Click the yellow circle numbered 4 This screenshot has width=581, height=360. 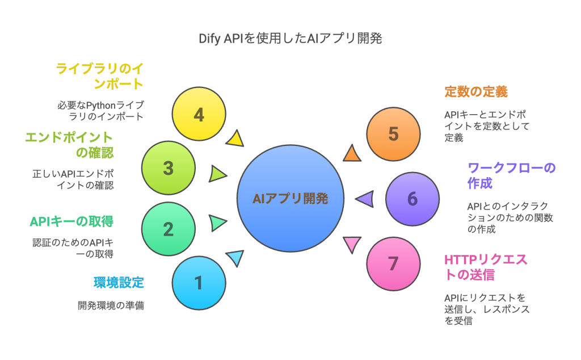(x=199, y=115)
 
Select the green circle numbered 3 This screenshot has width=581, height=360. (x=169, y=168)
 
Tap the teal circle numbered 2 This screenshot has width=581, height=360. (x=169, y=229)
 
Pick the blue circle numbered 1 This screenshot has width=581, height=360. (x=199, y=282)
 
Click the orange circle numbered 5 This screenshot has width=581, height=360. (x=393, y=134)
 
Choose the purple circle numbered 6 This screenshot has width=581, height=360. (x=412, y=199)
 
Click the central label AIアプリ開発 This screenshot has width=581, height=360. (x=290, y=198)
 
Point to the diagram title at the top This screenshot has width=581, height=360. (x=290, y=39)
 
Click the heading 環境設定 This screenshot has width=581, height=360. (x=119, y=282)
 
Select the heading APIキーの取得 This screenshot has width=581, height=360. (x=75, y=220)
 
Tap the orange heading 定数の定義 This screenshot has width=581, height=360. (x=475, y=91)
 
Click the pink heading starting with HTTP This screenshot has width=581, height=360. (x=485, y=267)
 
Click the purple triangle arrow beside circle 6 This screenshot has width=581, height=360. (x=364, y=198)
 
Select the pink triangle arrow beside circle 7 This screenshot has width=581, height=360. (x=352, y=244)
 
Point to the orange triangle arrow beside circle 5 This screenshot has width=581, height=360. (x=352, y=153)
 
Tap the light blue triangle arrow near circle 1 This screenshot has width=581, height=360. (x=235, y=258)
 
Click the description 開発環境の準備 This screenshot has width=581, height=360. (x=111, y=305)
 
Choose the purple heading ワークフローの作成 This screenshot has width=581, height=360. (x=511, y=175)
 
